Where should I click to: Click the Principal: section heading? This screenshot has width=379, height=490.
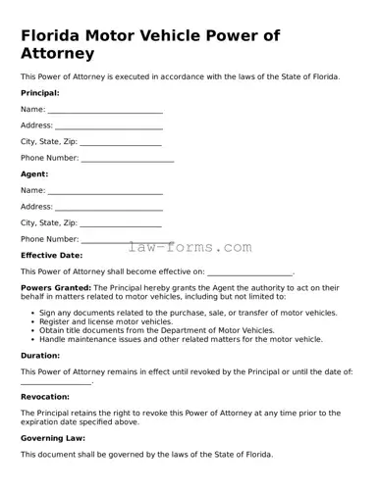pyautogui.click(x=40, y=93)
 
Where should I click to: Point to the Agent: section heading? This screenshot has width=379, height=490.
pyautogui.click(x=34, y=174)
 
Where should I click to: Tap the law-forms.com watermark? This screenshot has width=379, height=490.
pyautogui.click(x=189, y=248)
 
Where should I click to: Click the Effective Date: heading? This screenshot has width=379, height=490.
pyautogui.click(x=52, y=255)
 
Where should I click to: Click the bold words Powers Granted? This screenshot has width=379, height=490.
pyautogui.click(x=56, y=288)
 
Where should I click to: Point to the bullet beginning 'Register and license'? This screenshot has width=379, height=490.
pyautogui.click(x=105, y=321)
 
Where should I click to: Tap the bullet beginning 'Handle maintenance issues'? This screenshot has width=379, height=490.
pyautogui.click(x=181, y=339)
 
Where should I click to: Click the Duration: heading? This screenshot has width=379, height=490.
pyautogui.click(x=40, y=357)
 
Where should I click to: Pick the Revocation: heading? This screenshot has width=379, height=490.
pyautogui.click(x=45, y=397)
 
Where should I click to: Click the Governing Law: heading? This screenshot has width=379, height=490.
pyautogui.click(x=53, y=438)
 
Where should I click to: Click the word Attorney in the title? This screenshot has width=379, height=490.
pyautogui.click(x=57, y=54)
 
